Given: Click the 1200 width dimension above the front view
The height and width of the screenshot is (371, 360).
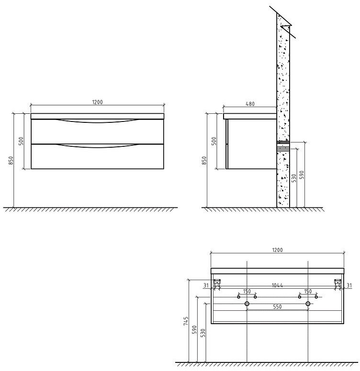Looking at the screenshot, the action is coord(97,102).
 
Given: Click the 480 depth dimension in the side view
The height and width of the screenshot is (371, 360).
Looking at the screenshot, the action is coord(250,104).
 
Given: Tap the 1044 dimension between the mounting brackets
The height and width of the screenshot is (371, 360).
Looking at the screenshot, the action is coord(277,285).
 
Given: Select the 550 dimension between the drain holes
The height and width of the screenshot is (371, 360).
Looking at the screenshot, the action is coord(277,306).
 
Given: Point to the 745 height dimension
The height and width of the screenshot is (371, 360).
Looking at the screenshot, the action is coord(186,321).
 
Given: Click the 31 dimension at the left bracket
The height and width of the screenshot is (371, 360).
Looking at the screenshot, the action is coord(206,285).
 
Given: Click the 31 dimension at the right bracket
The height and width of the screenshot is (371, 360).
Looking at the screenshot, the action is coord(349,285).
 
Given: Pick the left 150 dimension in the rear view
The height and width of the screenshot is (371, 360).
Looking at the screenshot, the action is coord(247,291).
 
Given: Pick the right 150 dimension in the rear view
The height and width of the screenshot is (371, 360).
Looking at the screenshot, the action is coord(308,291).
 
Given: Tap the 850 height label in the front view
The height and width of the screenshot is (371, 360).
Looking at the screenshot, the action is coord(11,161).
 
